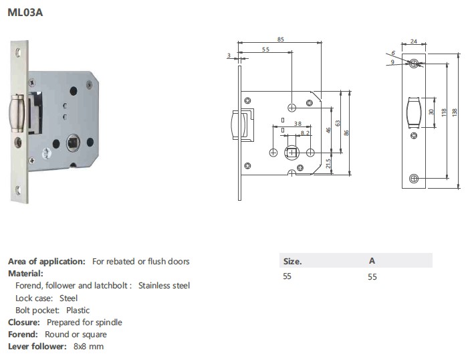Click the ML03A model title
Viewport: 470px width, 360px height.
(25, 13)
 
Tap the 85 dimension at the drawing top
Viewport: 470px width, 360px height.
(281, 39)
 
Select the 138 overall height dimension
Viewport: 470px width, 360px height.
(455, 112)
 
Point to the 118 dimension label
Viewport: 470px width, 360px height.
(444, 112)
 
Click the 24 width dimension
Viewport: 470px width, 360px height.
(414, 41)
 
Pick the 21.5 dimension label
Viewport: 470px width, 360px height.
(328, 163)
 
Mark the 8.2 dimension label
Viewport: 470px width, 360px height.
(305, 133)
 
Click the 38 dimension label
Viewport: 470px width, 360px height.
(298, 124)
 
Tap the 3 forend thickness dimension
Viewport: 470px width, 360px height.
(229, 56)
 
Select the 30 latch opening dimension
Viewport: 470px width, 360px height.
(431, 112)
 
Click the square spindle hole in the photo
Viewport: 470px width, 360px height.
(73, 143)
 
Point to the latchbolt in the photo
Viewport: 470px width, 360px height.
(17, 113)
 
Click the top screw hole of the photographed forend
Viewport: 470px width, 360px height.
(18, 53)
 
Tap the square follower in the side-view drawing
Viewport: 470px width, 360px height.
(291, 153)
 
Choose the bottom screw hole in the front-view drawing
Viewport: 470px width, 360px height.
(414, 179)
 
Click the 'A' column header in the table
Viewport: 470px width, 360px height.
(372, 260)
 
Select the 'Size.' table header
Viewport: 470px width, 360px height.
(293, 261)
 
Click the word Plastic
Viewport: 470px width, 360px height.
(78, 310)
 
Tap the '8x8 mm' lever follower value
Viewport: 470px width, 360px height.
(88, 347)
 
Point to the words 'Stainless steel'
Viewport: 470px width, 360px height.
(164, 286)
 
